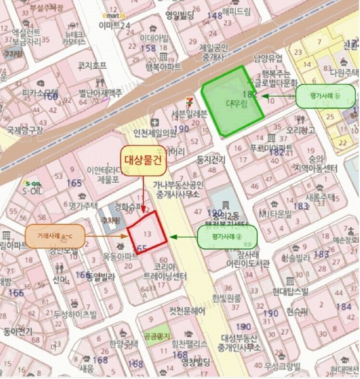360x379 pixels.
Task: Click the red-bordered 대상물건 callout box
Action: click(x=143, y=160)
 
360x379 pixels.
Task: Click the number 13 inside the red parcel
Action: click(x=148, y=236)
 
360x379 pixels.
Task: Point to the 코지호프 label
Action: click(x=91, y=64)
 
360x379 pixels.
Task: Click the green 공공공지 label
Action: click(x=154, y=336)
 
